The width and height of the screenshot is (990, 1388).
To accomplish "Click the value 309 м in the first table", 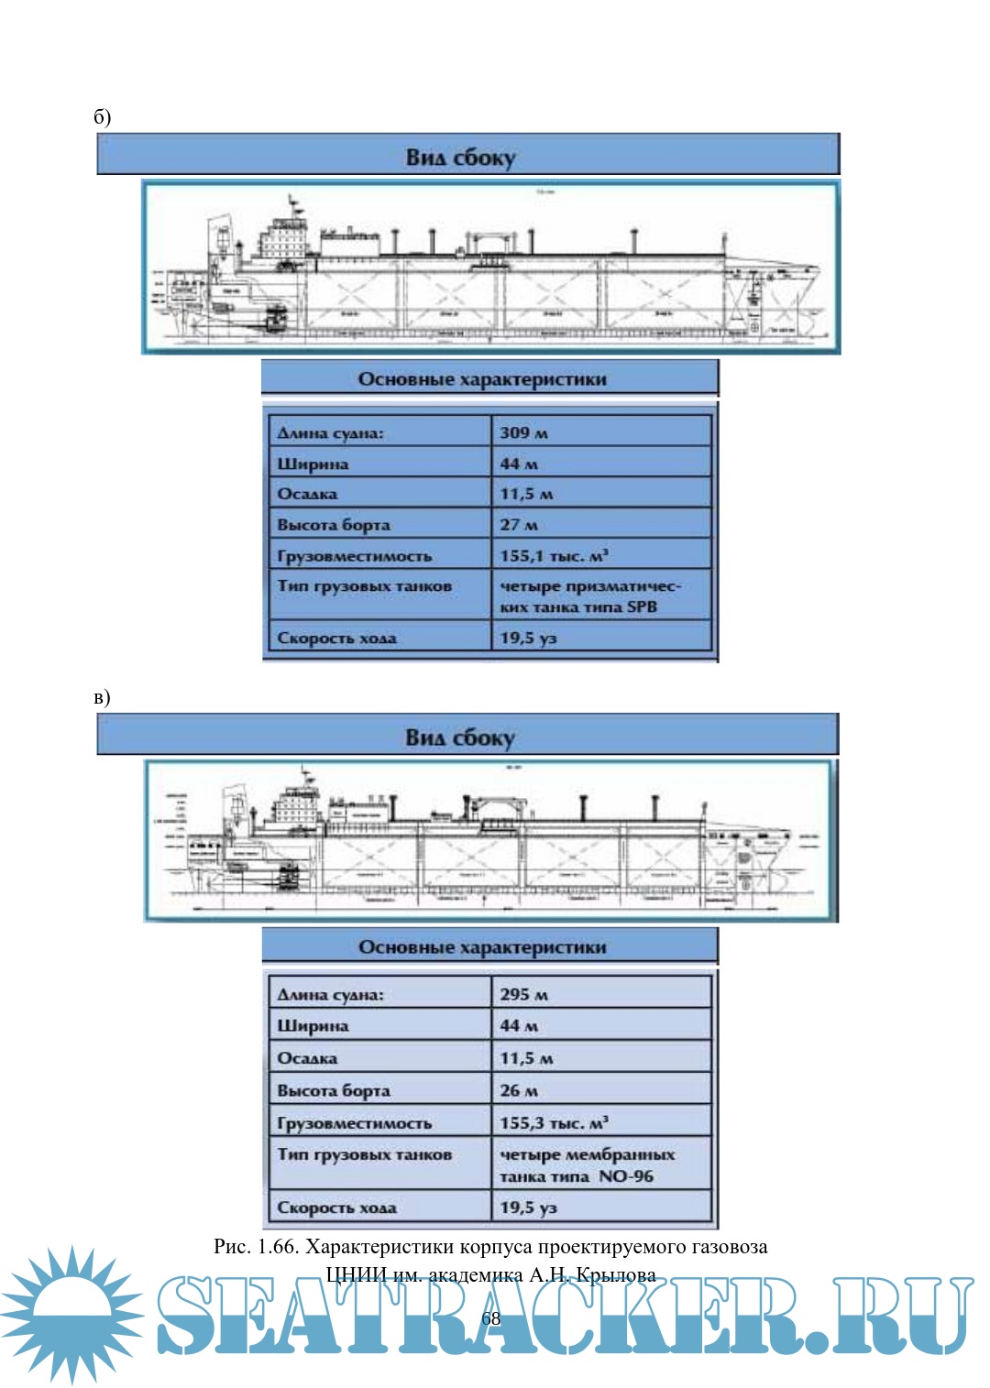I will [x=523, y=432].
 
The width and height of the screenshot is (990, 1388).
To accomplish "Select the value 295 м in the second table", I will [x=523, y=994].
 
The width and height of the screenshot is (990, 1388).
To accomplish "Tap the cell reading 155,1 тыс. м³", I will [x=554, y=555].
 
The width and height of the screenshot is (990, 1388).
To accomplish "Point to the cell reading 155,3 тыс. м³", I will [x=554, y=1122].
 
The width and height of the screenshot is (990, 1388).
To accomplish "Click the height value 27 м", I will [x=519, y=525].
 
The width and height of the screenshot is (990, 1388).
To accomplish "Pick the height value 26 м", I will [x=519, y=1090].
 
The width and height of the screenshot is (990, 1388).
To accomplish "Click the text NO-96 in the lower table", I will [x=626, y=1175].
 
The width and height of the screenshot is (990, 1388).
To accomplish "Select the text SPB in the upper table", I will [x=642, y=607].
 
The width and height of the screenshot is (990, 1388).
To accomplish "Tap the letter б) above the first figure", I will [x=102, y=116].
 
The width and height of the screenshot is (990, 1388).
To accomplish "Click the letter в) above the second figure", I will [x=102, y=697].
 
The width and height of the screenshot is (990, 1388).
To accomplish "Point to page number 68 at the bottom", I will [x=491, y=1317].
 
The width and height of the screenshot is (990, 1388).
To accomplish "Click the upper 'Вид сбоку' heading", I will [x=460, y=158].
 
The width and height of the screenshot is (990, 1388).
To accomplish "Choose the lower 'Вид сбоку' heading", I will [x=460, y=738].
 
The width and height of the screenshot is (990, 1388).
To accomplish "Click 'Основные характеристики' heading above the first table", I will [x=482, y=379].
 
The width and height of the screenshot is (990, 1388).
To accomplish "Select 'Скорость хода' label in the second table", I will [x=336, y=1208].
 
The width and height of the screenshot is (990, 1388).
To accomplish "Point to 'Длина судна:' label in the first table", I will [x=330, y=432].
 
